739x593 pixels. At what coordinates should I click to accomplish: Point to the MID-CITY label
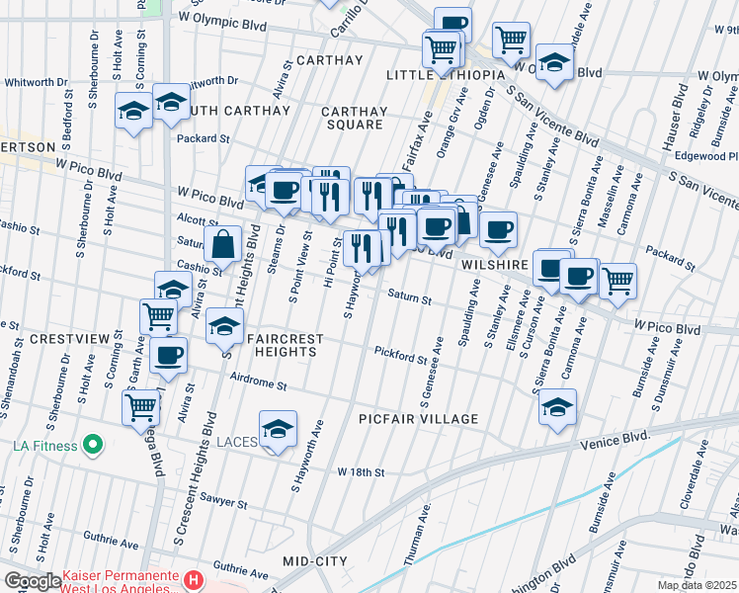point(315,561)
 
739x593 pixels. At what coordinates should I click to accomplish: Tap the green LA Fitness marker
point(93,446)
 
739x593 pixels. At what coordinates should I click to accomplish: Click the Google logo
point(34,581)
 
